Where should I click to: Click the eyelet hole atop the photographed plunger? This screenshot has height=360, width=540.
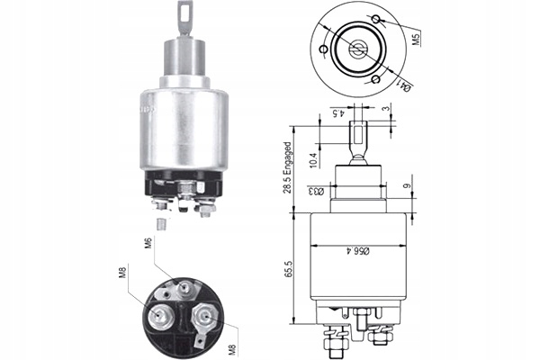pos(185,11)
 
